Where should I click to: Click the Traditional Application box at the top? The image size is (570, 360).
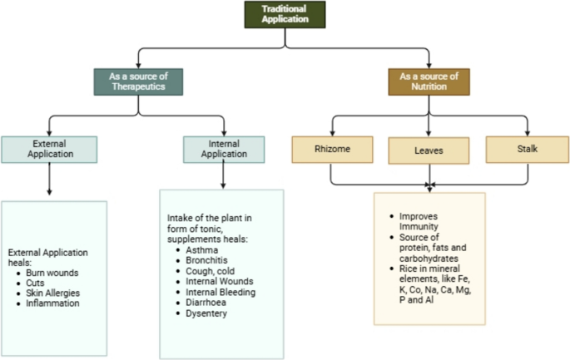point(285,15)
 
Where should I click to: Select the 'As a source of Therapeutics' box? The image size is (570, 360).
point(137,81)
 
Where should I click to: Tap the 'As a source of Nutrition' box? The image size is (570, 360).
point(429,81)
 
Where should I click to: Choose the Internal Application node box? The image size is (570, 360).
point(224,148)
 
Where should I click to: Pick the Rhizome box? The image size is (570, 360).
point(330,149)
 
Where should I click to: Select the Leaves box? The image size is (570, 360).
point(429,150)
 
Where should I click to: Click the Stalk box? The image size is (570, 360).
point(527,149)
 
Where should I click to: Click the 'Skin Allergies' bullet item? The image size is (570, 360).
point(58,293)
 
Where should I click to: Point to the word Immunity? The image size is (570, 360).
point(416,225)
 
